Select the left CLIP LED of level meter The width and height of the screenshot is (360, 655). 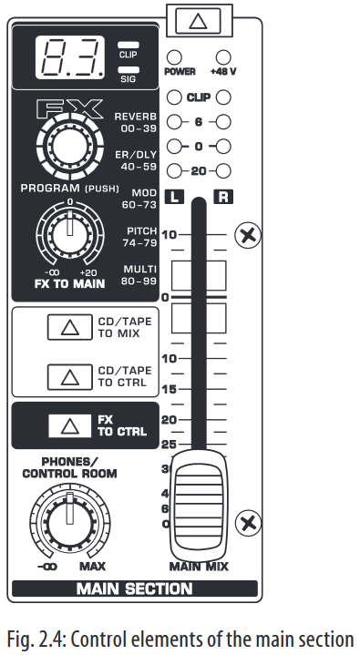coord(173,96)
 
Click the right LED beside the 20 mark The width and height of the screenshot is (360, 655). coord(221,170)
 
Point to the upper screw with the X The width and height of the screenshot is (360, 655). coord(246,235)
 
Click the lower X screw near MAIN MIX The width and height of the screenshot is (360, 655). coord(246,524)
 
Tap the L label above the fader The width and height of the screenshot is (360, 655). coord(174,196)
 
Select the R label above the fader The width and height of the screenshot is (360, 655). coord(221,196)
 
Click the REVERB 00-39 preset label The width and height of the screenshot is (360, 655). coord(135,122)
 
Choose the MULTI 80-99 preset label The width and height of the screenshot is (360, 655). coord(137,275)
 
